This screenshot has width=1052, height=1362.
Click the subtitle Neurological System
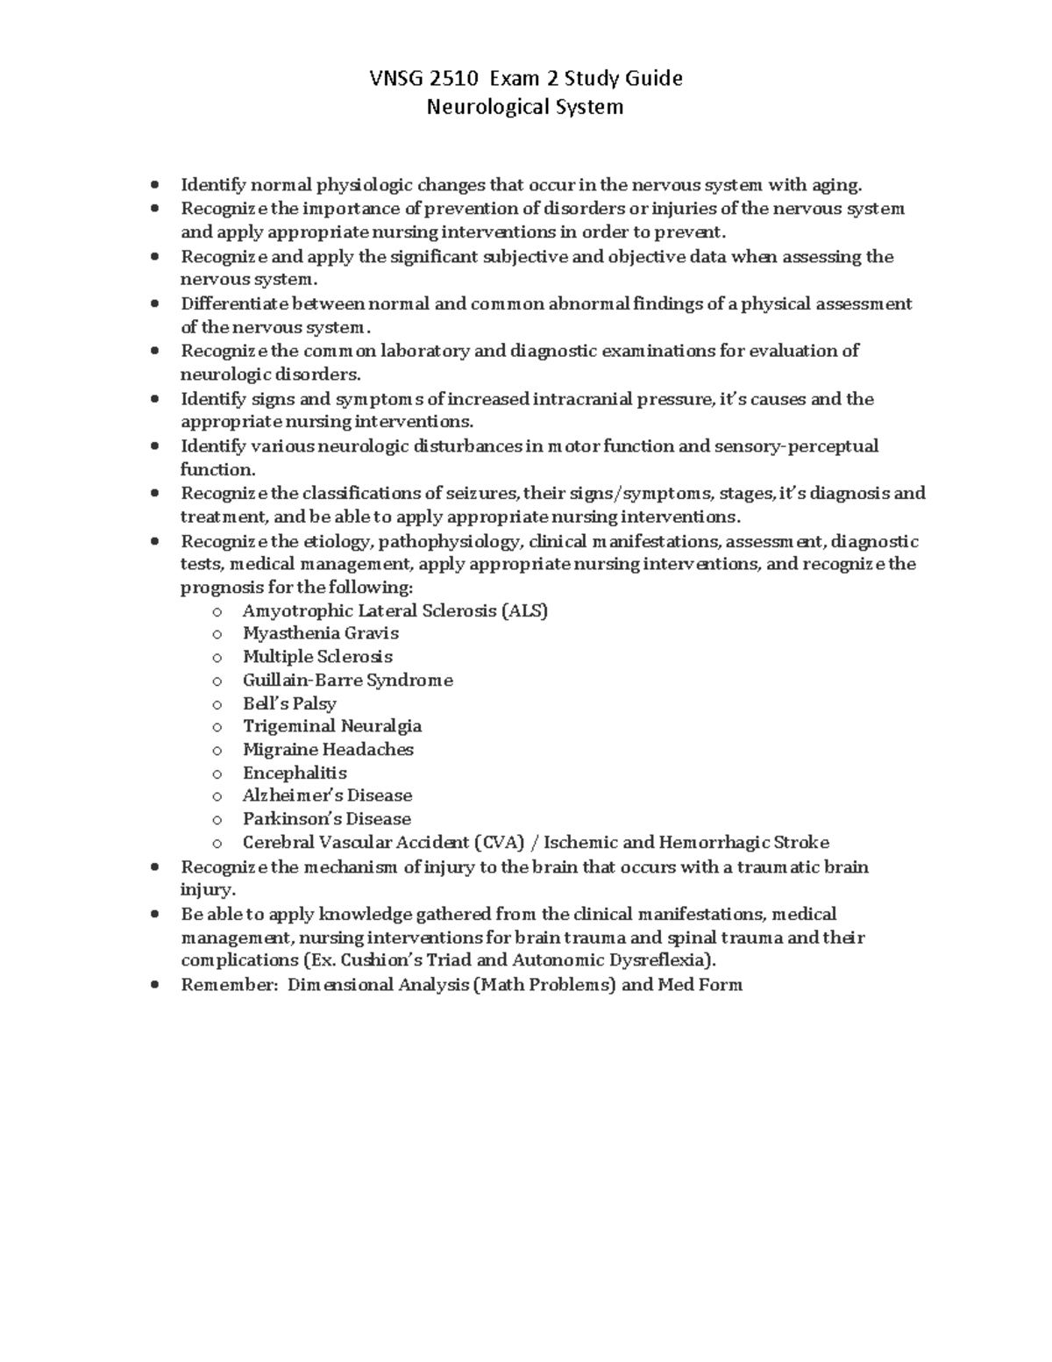[524, 107]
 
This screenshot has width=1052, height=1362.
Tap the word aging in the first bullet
[835, 185]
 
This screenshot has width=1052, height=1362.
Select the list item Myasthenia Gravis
[320, 633]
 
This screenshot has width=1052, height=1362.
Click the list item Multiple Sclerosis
[317, 657]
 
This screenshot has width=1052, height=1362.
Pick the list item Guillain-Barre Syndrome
[347, 681]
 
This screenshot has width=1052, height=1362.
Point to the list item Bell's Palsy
[289, 703]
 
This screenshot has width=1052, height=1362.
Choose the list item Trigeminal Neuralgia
[331, 726]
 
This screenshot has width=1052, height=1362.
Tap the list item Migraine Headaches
[328, 750]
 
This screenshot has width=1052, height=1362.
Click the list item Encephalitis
[295, 773]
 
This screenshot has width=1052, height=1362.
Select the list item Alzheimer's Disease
[327, 795]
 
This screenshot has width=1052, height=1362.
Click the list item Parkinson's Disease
[326, 819]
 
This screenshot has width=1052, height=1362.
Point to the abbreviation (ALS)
[524, 610]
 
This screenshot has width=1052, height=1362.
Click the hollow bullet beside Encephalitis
[217, 774]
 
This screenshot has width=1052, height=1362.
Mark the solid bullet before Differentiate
[155, 304]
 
